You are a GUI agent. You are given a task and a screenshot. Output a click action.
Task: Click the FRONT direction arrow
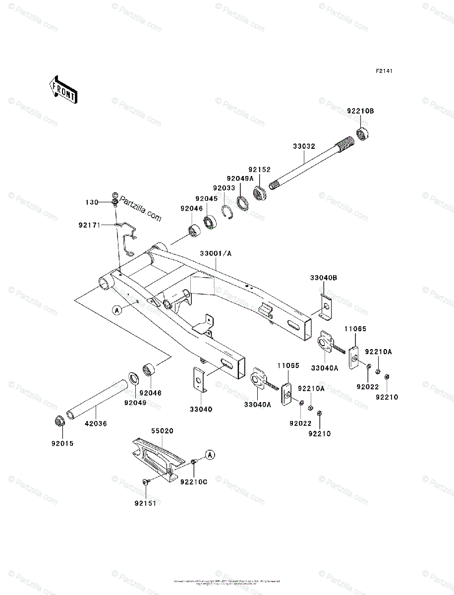click(62, 89)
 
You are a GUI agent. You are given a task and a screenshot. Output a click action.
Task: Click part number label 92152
click(260, 169)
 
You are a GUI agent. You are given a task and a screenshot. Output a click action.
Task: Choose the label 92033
click(225, 188)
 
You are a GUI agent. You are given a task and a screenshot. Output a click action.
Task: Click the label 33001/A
click(216, 253)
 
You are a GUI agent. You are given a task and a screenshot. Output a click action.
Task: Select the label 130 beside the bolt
click(92, 202)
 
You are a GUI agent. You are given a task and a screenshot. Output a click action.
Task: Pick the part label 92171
click(89, 225)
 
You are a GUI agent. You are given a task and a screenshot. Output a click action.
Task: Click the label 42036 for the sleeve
click(96, 424)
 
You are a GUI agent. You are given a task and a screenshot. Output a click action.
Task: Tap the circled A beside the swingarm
click(117, 310)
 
